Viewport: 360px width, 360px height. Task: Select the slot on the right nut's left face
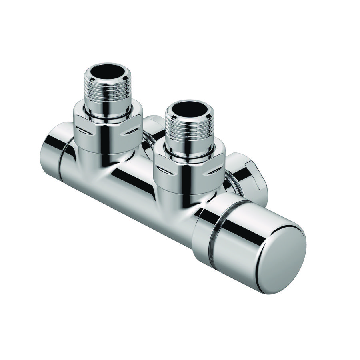[x=166, y=171]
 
